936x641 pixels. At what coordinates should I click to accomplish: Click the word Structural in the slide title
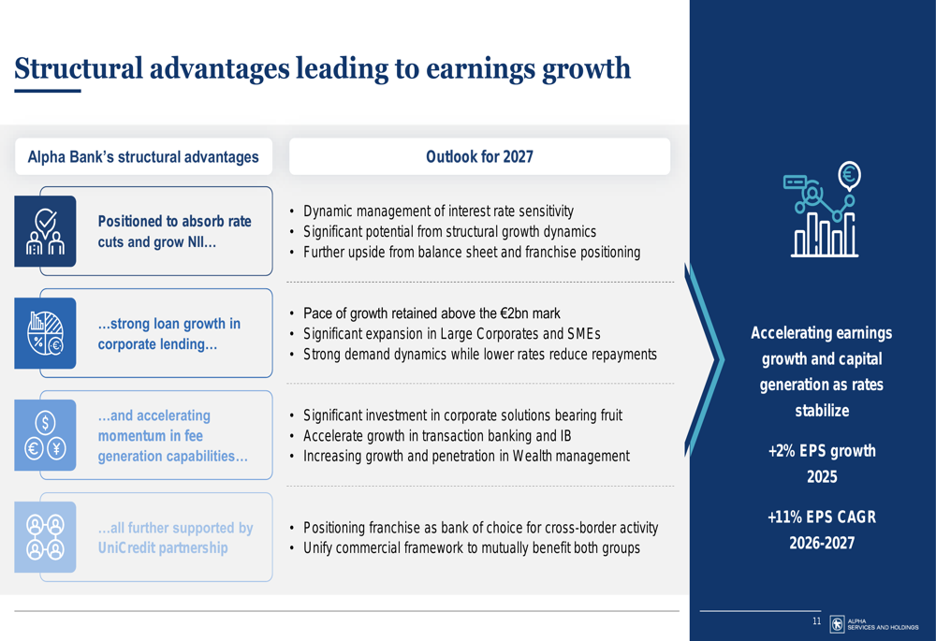79,67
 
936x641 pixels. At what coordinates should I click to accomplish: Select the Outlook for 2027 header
479,156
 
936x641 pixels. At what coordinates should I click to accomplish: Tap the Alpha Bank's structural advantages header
143,157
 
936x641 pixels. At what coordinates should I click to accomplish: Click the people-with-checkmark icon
45,231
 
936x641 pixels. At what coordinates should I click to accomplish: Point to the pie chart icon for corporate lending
45,333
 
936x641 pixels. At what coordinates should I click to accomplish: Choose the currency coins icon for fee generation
45,435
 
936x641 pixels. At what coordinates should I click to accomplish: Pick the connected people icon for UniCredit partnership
45,537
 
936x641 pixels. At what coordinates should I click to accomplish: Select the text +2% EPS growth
822,451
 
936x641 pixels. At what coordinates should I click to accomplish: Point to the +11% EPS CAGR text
822,517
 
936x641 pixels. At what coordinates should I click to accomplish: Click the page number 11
816,621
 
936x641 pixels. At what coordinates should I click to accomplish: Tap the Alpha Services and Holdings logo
874,624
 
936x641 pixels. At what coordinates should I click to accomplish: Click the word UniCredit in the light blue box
124,548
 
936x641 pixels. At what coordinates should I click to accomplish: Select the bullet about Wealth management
466,456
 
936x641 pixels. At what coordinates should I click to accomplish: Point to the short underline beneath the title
48,92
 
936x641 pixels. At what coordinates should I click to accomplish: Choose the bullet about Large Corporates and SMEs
452,334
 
